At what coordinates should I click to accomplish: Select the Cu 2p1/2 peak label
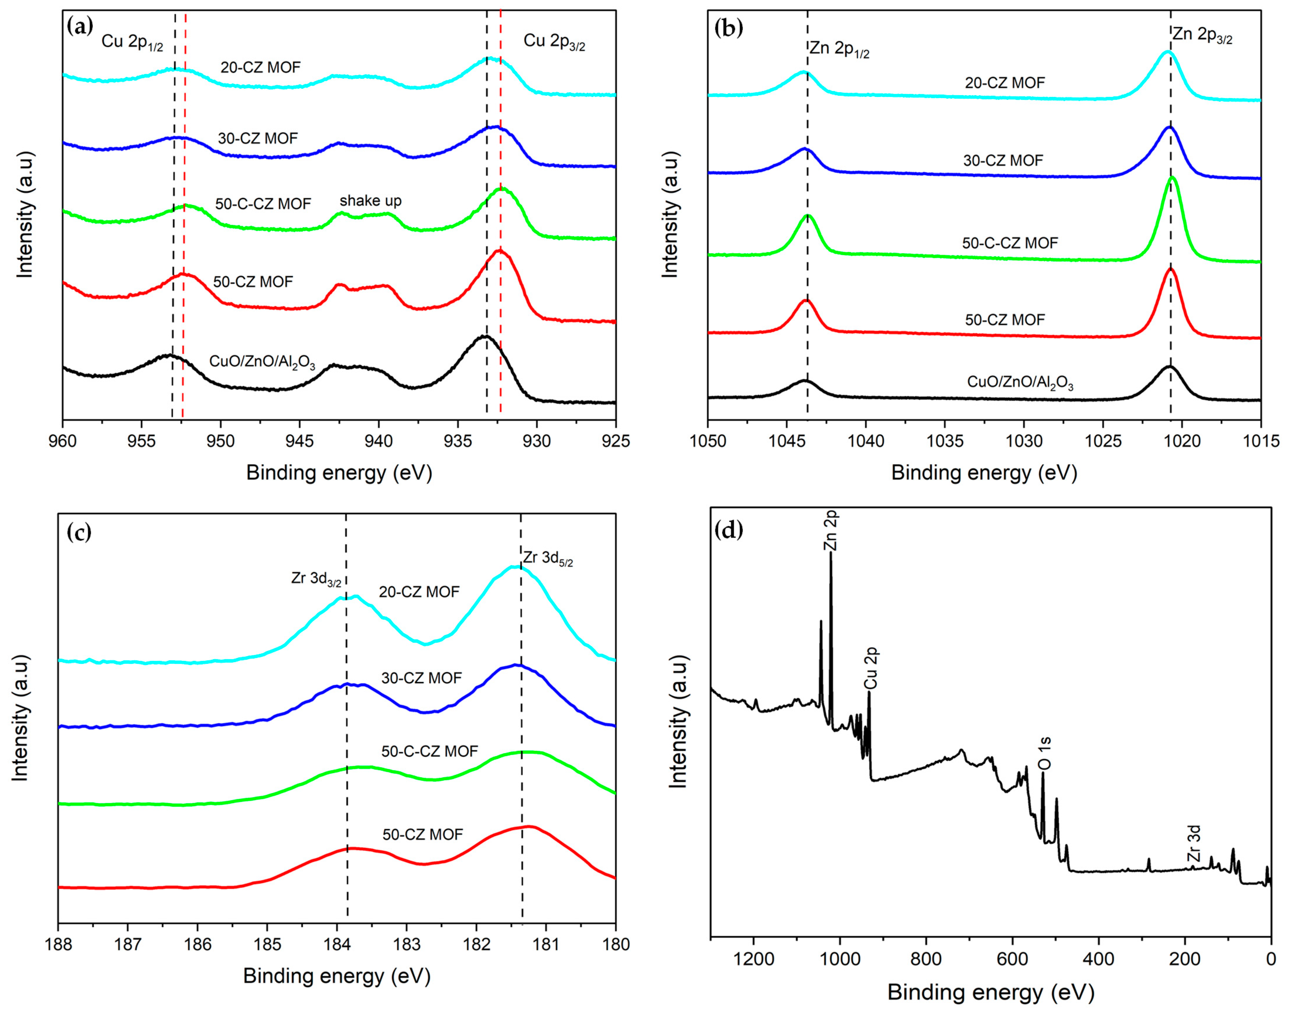pyautogui.click(x=132, y=42)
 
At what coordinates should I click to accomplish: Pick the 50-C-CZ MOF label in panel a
pyautogui.click(x=263, y=204)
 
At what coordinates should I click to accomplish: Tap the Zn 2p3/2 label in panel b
pyautogui.click(x=1202, y=35)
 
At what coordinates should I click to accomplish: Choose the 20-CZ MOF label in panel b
pyautogui.click(x=1005, y=83)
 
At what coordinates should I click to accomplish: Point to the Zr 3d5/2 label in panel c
pyautogui.click(x=547, y=558)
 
